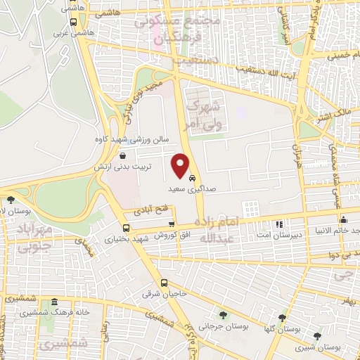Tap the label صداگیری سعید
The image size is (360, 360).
click(x=187, y=190)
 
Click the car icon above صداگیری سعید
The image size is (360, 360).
click(x=193, y=179)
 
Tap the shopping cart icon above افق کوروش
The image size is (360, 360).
click(x=171, y=224)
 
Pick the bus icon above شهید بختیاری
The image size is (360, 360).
click(x=126, y=228)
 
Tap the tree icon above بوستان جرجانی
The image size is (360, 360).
click(x=223, y=315)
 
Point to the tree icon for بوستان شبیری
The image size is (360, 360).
click(x=318, y=335)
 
